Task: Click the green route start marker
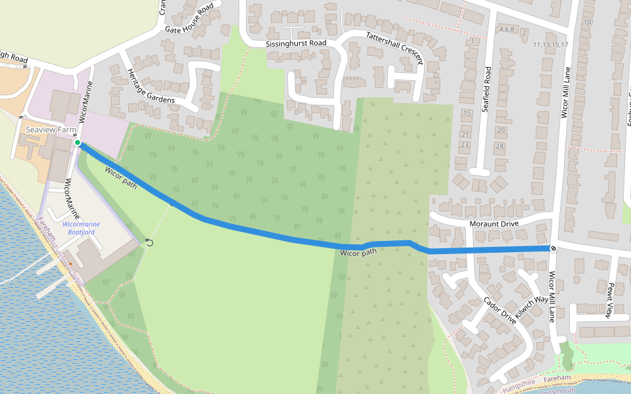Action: point(78,142)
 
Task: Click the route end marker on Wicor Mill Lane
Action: point(553,248)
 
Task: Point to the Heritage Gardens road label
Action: point(151,85)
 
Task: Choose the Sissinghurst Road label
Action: point(296,43)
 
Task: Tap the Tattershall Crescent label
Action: point(394,49)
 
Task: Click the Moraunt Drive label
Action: point(494,224)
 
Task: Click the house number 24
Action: point(500,146)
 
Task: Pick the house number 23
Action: point(465,144)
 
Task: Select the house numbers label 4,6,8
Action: point(506,30)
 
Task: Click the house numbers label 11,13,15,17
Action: point(551,45)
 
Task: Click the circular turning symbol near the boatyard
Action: point(149,242)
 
